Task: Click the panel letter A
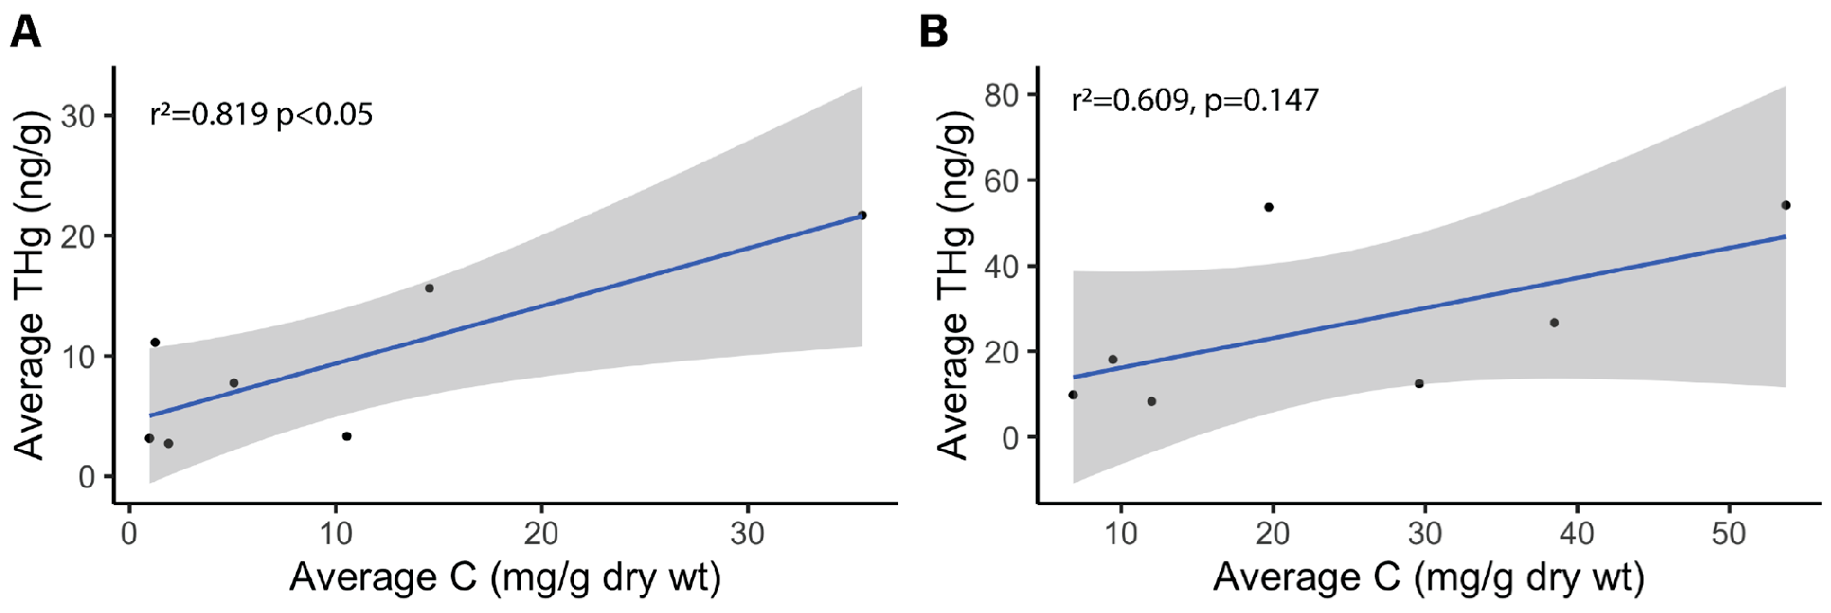(26, 32)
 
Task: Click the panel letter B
(933, 32)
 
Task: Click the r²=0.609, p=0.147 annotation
(1195, 100)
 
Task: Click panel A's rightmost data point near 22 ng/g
(862, 215)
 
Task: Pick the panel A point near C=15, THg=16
(429, 288)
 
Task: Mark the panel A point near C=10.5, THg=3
(347, 436)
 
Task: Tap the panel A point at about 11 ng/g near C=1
(155, 342)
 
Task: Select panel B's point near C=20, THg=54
(1269, 207)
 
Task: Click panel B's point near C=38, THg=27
(1554, 323)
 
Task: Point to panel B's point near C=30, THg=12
(1419, 383)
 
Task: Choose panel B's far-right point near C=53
(1786, 206)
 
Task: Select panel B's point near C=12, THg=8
(1151, 401)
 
